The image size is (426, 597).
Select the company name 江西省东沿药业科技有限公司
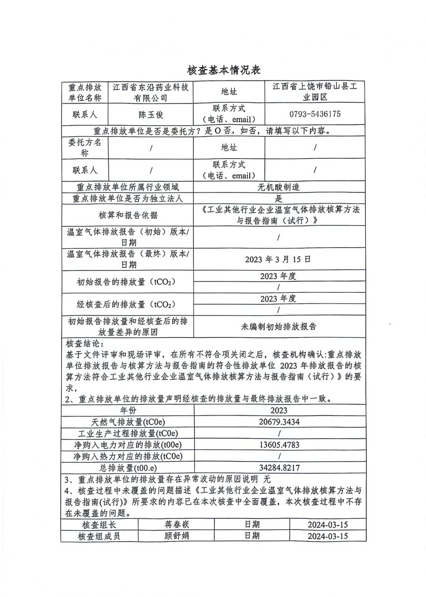click(151, 93)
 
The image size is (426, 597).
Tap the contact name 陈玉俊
click(151, 114)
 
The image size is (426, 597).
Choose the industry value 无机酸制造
click(279, 188)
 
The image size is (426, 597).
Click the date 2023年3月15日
click(279, 259)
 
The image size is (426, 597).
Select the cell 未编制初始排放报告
click(279, 327)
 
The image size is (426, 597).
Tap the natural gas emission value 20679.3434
click(279, 422)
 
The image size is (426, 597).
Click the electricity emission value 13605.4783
click(279, 445)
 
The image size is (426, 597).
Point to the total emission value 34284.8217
click(279, 468)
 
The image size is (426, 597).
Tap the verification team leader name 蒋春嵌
click(177, 524)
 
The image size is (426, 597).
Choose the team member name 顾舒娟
click(177, 536)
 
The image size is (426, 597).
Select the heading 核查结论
click(84, 344)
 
